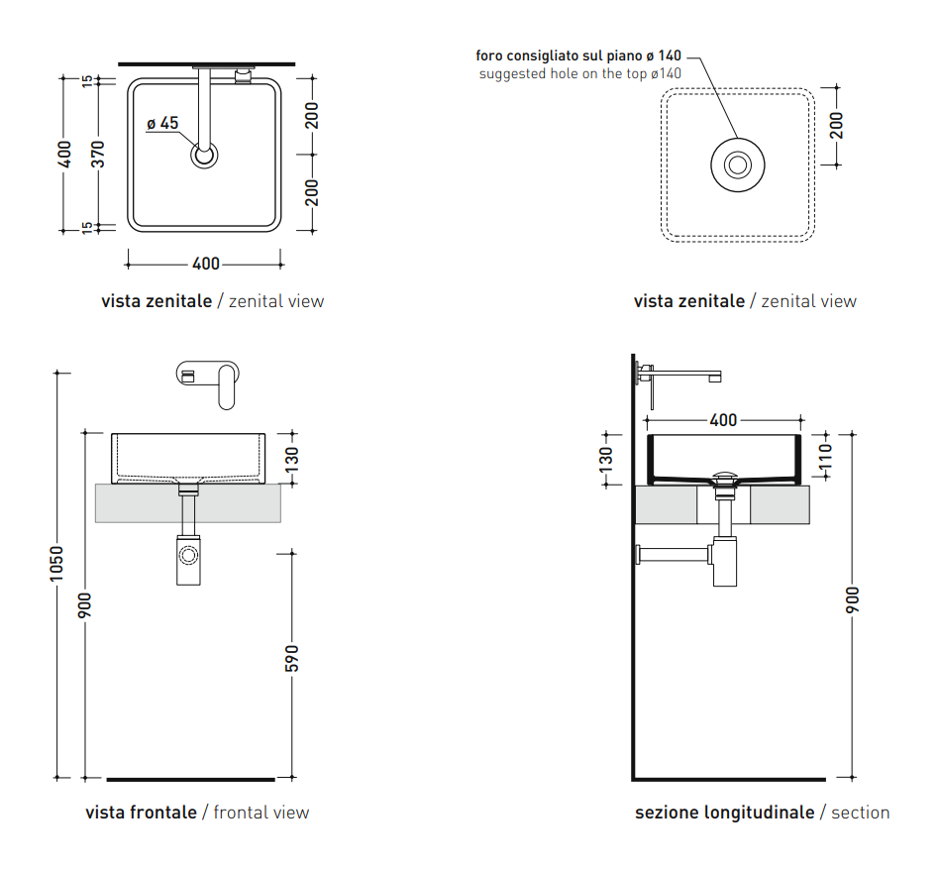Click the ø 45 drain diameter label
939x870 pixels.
[x=162, y=124]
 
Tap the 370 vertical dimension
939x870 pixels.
[x=97, y=154]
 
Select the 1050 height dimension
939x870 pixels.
[x=56, y=565]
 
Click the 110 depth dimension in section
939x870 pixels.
[x=825, y=455]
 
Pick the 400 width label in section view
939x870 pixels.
[x=723, y=420]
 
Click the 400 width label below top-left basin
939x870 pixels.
[x=205, y=264]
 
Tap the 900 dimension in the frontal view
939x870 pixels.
[x=85, y=604]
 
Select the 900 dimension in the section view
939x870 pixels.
[x=853, y=600]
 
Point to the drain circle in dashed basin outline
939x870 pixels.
[x=737, y=165]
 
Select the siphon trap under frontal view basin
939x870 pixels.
[x=187, y=561]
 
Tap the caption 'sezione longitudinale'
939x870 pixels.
[x=724, y=813]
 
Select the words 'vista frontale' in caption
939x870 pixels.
[x=141, y=813]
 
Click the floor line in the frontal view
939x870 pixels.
[x=189, y=779]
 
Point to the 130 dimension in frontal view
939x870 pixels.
[x=291, y=459]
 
